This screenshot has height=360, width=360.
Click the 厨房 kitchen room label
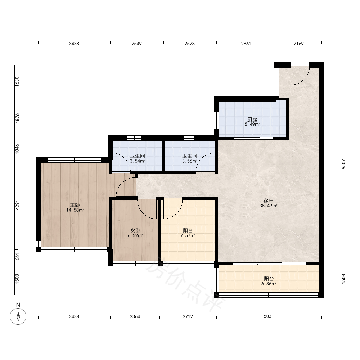coord(252,120)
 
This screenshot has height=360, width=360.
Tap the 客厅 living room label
coord(268,201)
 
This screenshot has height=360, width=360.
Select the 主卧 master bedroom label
coord(75,205)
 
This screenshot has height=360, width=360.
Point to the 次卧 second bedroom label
coord(135,230)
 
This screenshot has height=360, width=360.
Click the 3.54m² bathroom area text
coord(137,161)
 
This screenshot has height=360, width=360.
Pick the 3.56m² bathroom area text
coord(190,161)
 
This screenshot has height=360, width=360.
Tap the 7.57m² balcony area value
coord(188,235)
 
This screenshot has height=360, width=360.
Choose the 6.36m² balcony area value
coord(269,284)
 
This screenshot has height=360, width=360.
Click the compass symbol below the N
coord(18,316)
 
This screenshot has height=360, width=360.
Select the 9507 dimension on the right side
coord(343,164)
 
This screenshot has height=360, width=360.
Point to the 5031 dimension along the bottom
coord(269,316)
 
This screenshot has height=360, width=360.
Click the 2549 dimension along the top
coord(136,44)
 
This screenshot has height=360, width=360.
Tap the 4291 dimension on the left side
coord(17,205)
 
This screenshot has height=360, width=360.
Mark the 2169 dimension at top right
coord(299,44)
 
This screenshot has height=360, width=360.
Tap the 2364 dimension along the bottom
coord(135,316)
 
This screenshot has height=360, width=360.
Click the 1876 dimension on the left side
coord(17,118)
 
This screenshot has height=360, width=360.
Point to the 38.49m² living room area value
coord(268,206)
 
